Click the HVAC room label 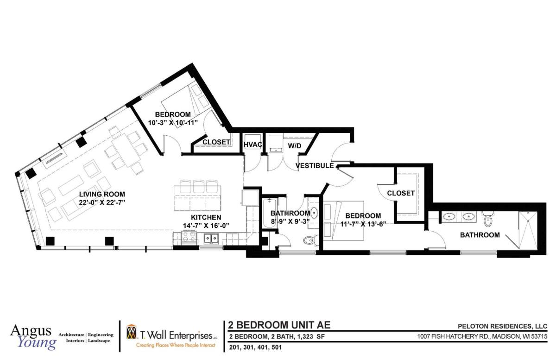coord(253,145)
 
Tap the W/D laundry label coord(294,146)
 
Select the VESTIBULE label coord(315,165)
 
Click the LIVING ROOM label coord(102,194)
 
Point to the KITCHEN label coord(206,217)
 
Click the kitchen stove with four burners coord(189,237)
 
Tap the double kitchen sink coord(211,238)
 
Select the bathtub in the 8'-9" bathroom coord(270,213)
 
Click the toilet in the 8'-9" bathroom coord(310,240)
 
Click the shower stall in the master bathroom coord(528,230)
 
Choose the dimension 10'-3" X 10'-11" coord(173,123)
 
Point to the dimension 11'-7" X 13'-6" coord(363,224)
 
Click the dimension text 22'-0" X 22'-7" coord(102,202)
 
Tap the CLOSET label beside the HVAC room coord(216,142)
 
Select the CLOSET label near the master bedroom coord(401,193)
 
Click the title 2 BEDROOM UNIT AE coord(279,325)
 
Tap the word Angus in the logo coord(31,331)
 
